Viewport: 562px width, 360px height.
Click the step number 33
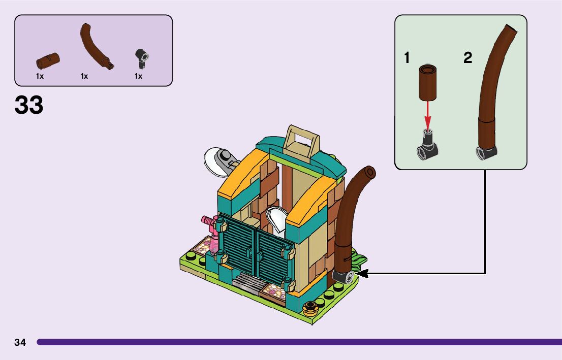click(x=29, y=105)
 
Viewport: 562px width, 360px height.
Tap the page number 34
click(x=20, y=342)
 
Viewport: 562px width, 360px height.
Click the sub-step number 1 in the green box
click(x=407, y=58)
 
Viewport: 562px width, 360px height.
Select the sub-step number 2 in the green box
click(x=467, y=58)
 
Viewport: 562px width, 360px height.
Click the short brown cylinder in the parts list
click(x=48, y=60)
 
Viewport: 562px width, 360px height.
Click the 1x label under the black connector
click(x=138, y=76)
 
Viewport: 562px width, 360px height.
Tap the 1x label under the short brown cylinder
click(x=40, y=76)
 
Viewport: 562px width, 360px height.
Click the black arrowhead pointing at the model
click(x=362, y=273)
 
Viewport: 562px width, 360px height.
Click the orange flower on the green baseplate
click(x=309, y=306)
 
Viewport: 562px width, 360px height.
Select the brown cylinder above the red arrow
click(x=428, y=82)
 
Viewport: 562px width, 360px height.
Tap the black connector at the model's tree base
click(x=343, y=277)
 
